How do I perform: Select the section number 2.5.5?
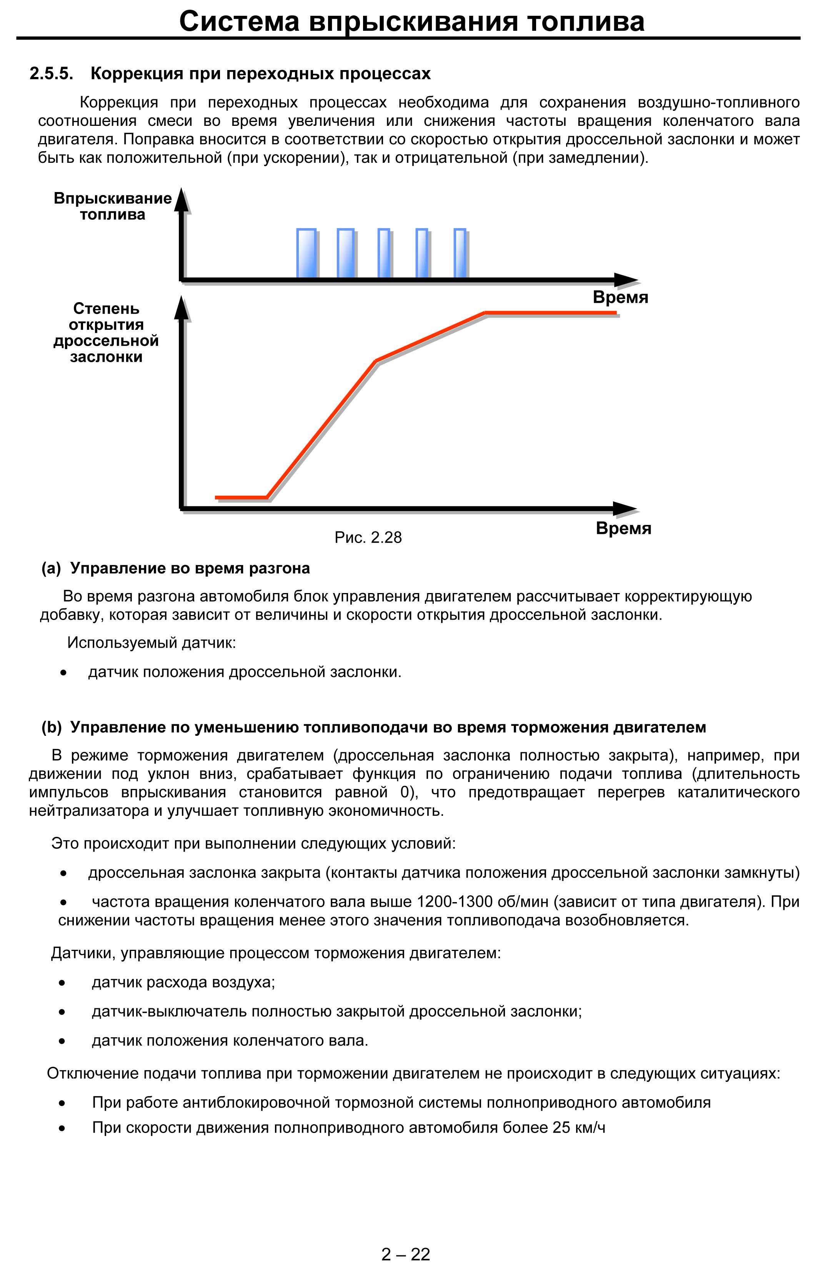pos(51,74)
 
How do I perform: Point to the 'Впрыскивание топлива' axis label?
pos(113,206)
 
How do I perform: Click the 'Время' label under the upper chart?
pos(620,297)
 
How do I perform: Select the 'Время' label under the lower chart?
pos(623,528)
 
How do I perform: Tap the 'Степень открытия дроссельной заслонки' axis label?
pos(107,333)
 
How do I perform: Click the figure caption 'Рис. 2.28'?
pos(368,537)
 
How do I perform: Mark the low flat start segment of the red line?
pos(240,497)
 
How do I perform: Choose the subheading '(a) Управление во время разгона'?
pos(176,568)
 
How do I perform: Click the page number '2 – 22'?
pos(406,1254)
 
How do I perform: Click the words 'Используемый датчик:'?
pos(151,642)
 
